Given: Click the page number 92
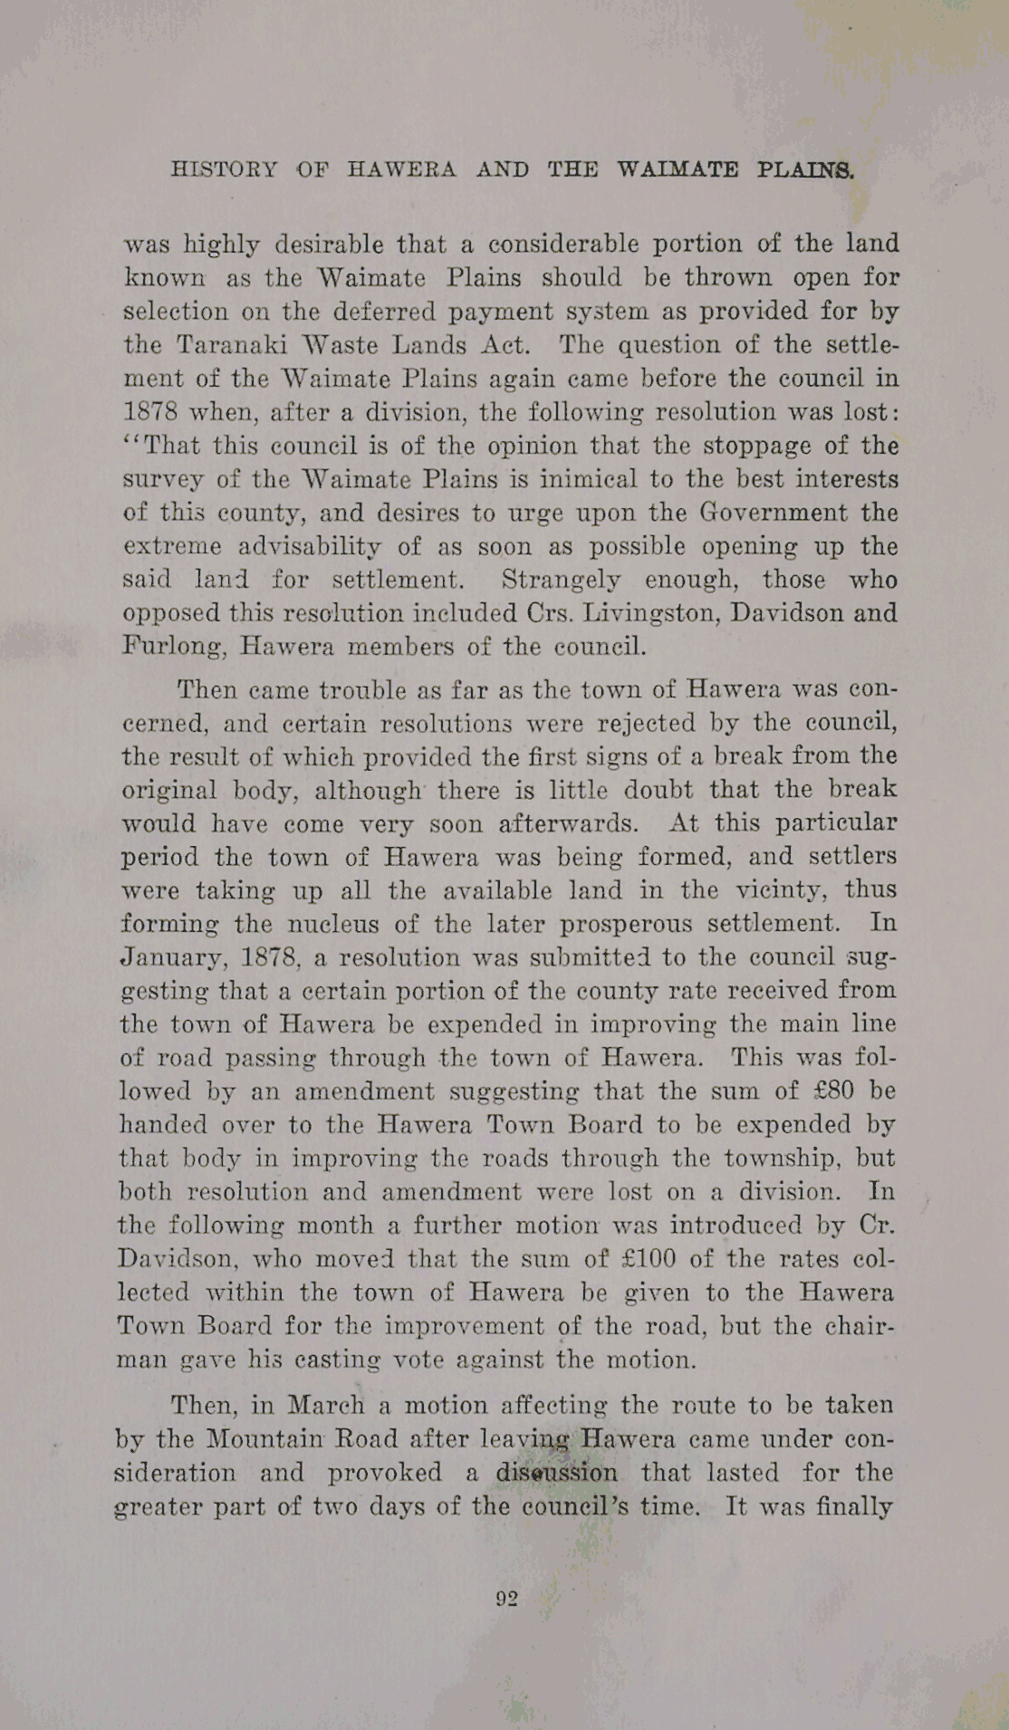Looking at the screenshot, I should [506, 1599].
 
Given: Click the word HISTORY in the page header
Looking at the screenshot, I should [224, 169].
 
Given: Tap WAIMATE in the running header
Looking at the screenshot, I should [677, 169].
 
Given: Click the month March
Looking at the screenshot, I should [326, 1405].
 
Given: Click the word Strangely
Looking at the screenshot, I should [562, 580].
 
